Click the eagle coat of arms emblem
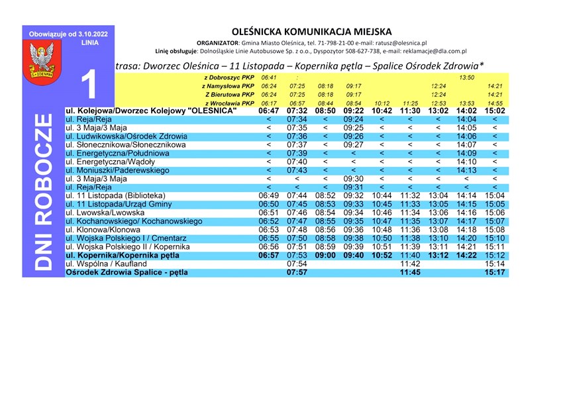pyautogui.click(x=43, y=60)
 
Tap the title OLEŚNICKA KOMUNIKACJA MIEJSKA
pyautogui.click(x=311, y=31)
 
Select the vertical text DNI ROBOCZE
pyautogui.click(x=43, y=191)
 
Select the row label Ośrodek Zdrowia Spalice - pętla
pyautogui.click(x=127, y=272)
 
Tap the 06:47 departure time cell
pyautogui.click(x=269, y=111)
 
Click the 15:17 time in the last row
pyautogui.click(x=495, y=272)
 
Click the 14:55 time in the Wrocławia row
pyautogui.click(x=495, y=103)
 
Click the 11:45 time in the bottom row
pyautogui.click(x=411, y=272)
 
